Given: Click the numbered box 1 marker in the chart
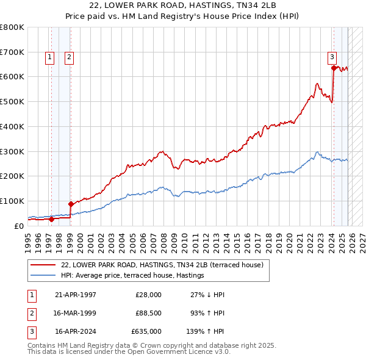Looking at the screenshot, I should [x=49, y=57].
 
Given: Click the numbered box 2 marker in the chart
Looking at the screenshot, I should [x=69, y=57].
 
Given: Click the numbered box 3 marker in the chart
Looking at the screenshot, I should [x=332, y=57].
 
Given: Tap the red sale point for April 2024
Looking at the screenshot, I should [x=334, y=68].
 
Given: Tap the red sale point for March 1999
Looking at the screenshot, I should [x=71, y=204].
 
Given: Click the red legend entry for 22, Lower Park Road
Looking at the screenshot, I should [x=162, y=265].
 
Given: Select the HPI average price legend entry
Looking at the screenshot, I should [x=132, y=276].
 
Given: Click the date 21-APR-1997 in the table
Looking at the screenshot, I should [x=76, y=294].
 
